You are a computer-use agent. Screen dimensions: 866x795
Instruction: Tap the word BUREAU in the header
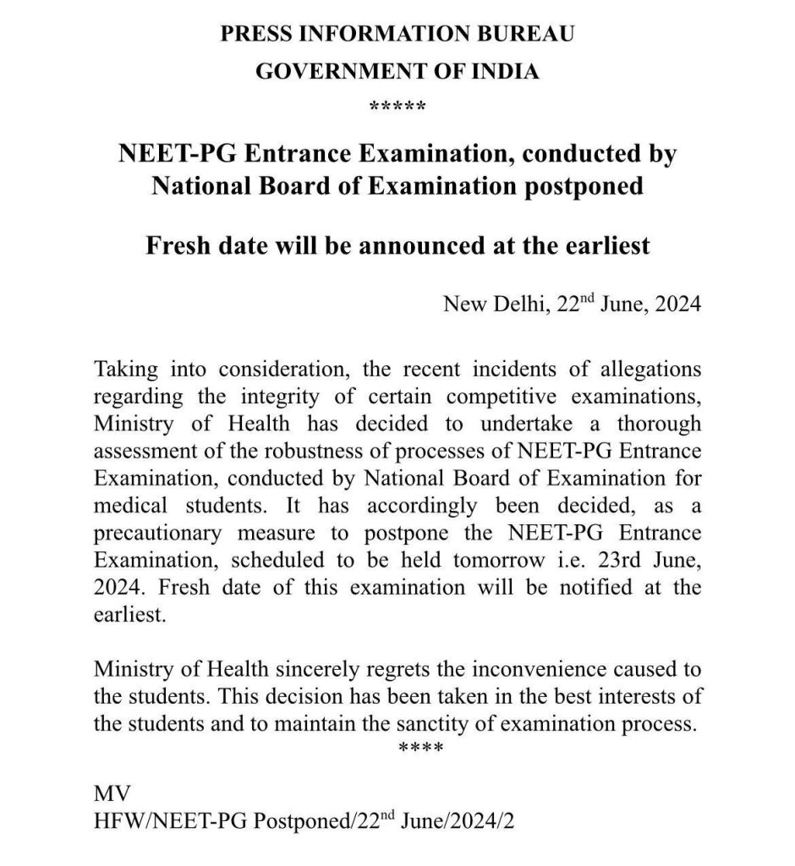tap(528, 35)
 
